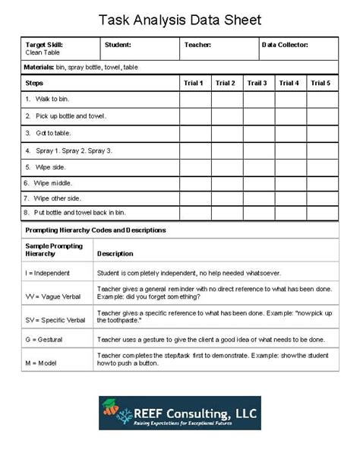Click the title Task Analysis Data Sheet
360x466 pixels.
(180, 19)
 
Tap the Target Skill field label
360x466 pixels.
(43, 45)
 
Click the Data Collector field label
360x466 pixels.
(286, 45)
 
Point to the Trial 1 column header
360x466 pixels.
(194, 83)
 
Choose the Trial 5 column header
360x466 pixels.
(321, 83)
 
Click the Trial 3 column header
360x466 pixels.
(257, 83)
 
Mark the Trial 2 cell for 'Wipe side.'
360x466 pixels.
(226, 166)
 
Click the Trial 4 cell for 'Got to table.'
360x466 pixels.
(289, 133)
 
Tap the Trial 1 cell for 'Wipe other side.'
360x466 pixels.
(194, 198)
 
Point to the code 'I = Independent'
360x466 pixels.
(48, 272)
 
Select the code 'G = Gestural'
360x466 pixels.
(44, 339)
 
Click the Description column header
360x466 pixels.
(115, 253)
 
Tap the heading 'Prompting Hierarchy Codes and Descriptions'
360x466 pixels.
(96, 230)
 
